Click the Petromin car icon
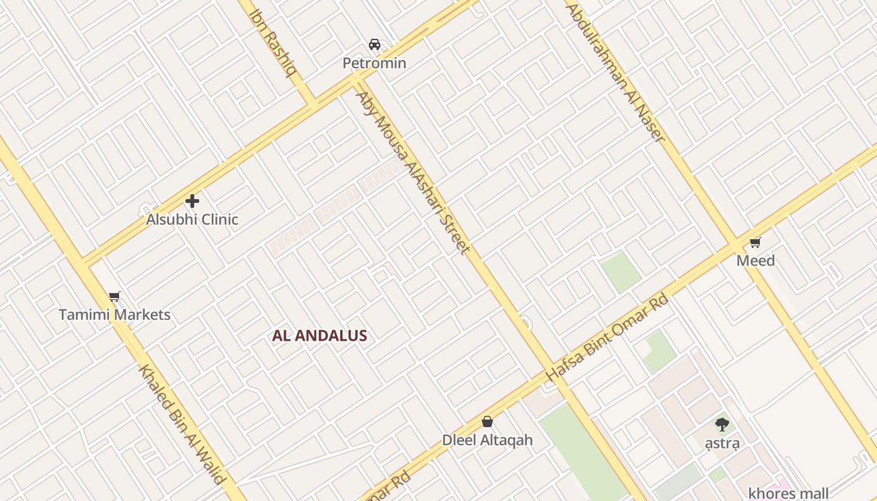(x=375, y=44)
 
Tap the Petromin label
(x=374, y=63)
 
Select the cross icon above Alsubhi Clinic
(x=192, y=201)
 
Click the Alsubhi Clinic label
(x=192, y=220)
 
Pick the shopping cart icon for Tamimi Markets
(x=114, y=296)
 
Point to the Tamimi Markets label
(x=115, y=314)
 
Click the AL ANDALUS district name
(x=319, y=336)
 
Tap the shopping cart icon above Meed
(x=755, y=242)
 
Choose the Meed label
(x=755, y=261)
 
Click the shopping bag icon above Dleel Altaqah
(x=487, y=422)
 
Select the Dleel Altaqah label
(x=487, y=440)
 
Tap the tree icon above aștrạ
(x=722, y=425)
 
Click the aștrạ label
(x=722, y=443)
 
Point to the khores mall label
(x=789, y=493)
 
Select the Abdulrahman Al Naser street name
(x=615, y=73)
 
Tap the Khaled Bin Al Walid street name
(x=181, y=424)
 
